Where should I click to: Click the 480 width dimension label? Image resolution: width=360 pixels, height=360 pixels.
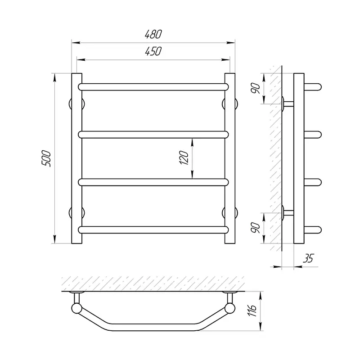[x=153, y=34]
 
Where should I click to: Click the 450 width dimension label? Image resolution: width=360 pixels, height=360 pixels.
[x=153, y=51]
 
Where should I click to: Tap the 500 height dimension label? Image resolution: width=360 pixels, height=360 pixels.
[x=46, y=158]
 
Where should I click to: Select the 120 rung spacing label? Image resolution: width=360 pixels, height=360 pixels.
[x=184, y=157]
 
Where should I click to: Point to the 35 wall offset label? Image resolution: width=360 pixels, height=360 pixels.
[x=308, y=258]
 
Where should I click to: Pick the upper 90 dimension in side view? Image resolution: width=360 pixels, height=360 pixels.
[x=255, y=88]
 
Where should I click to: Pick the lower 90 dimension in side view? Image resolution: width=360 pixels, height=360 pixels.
[x=255, y=228]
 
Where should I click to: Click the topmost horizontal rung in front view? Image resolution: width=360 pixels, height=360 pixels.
[x=153, y=87]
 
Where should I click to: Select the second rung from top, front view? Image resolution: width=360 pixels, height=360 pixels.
[x=153, y=135]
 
